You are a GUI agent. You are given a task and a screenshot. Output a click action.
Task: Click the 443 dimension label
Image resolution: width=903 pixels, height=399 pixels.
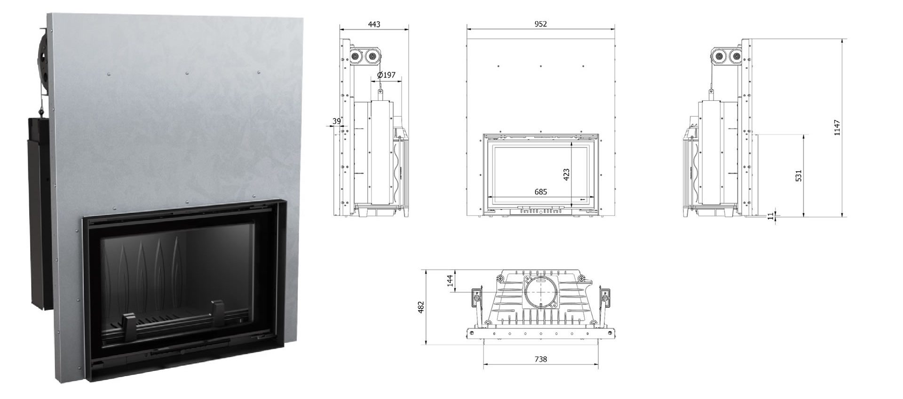coord(374,24)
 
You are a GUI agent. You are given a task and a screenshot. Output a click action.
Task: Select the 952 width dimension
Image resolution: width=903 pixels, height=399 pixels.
coord(541,24)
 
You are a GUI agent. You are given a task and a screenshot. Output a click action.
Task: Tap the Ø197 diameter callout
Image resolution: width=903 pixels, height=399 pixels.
coord(386,75)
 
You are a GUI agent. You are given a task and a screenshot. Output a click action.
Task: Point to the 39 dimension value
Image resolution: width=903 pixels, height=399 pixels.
coord(336,121)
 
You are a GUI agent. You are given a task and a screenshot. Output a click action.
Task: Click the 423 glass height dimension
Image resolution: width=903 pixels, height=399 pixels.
coord(566,175)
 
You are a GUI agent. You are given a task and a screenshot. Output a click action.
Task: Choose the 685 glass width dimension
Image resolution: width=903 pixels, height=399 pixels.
coord(541,192)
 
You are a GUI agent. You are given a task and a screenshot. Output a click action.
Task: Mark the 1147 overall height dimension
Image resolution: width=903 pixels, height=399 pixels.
coord(837,128)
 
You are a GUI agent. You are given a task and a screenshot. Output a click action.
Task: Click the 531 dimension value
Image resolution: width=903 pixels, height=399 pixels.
coord(798,176)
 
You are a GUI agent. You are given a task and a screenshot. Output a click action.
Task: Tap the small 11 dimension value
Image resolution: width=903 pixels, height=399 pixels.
coord(770,216)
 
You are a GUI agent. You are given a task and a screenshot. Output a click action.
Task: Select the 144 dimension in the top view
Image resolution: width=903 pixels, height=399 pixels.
coord(450,281)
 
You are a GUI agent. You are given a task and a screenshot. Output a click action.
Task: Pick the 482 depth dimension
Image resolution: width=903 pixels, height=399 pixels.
coord(421,307)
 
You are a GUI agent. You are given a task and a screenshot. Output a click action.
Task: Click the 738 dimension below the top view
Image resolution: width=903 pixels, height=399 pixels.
coord(541,359)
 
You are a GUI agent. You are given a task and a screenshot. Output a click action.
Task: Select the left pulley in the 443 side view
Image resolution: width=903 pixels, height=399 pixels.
coord(356,56)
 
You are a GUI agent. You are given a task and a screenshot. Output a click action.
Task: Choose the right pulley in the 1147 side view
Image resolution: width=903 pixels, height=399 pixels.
coord(737,57)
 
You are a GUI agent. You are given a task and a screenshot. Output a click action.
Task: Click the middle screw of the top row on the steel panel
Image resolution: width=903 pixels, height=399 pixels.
coord(187,73)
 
